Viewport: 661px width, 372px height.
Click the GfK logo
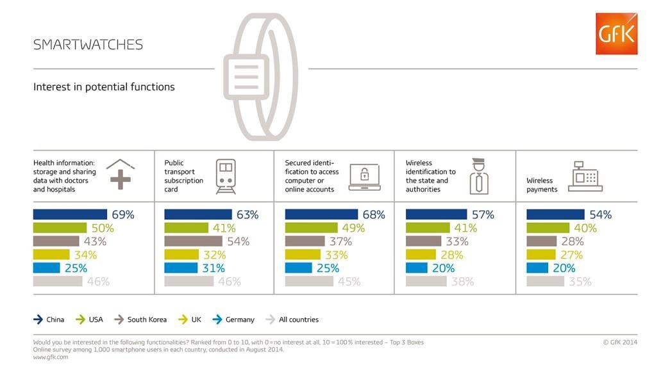616,33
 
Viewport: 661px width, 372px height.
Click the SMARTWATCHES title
88,45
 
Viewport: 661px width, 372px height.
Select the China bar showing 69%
70,214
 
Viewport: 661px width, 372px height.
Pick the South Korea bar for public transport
193,241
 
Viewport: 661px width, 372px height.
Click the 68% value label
374,214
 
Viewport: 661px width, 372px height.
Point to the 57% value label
483,214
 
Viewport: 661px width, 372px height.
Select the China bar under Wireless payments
555,214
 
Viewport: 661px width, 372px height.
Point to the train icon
225,176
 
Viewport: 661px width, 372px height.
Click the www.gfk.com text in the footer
51,357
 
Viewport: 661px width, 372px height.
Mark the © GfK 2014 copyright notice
620,343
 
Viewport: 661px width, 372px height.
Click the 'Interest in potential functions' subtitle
104,87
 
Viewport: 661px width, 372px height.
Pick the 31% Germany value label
213,268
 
